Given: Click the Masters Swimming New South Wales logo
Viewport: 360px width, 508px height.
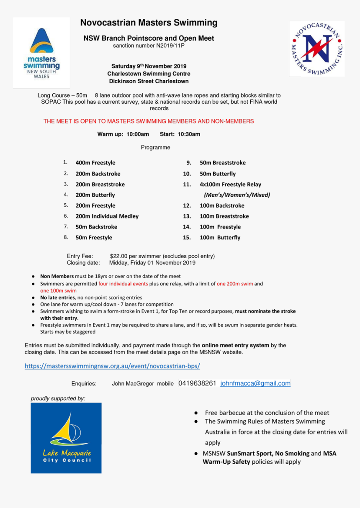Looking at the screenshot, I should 41,53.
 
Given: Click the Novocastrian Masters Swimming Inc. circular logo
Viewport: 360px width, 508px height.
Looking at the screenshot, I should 317,49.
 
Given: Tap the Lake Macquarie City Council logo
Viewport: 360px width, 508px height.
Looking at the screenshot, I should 66,438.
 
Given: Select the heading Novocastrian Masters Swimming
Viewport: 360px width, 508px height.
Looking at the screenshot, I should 149,23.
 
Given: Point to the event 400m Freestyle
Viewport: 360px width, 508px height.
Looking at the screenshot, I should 95,163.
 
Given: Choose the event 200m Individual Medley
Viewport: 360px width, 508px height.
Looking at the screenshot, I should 107,216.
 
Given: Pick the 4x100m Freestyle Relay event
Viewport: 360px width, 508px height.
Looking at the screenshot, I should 230,185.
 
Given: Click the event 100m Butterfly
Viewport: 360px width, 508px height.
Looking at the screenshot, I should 220,238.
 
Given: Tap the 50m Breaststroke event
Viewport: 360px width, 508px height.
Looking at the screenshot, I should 222,163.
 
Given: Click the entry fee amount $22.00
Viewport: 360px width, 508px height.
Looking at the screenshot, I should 118,256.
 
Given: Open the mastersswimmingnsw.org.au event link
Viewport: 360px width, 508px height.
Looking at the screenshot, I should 112,366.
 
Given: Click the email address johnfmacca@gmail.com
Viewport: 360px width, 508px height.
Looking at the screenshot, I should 255,383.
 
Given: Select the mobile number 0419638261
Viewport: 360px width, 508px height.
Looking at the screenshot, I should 197,383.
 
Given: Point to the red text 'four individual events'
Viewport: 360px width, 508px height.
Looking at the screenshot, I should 123,284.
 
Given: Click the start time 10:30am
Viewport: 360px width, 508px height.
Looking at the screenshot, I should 189,134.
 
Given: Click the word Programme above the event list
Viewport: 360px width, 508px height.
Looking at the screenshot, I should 155,148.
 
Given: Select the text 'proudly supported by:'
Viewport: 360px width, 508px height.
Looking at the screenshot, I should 58,398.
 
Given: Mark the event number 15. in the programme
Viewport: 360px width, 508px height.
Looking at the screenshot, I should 187,238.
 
